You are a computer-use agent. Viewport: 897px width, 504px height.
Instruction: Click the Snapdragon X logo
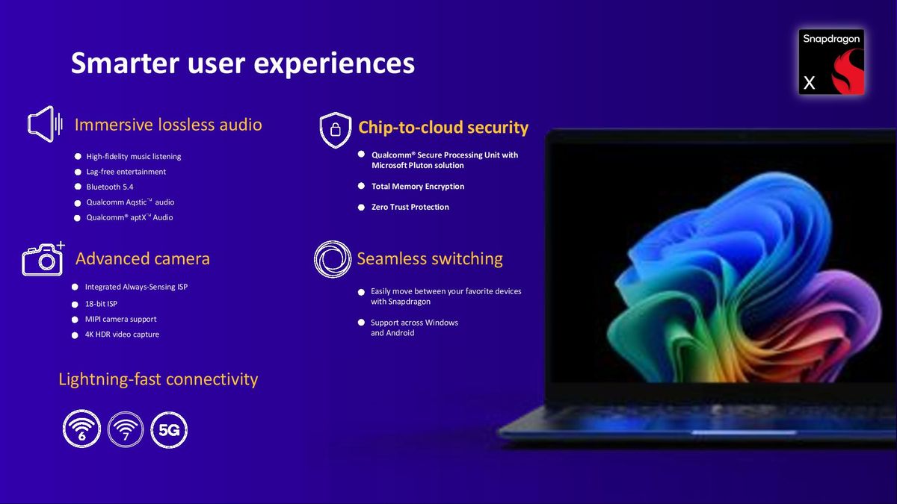831,62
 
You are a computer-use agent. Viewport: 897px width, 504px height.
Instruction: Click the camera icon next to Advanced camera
43,259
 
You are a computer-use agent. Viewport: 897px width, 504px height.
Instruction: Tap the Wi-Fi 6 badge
81,429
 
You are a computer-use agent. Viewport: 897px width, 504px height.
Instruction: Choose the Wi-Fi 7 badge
126,429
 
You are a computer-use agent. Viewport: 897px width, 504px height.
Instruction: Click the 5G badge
169,429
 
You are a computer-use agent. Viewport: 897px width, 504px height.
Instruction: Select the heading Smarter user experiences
243,63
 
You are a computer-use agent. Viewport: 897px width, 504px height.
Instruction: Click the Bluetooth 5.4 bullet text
110,187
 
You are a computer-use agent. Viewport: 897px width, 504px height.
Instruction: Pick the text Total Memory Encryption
418,187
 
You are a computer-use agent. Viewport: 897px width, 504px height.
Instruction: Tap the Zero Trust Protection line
410,207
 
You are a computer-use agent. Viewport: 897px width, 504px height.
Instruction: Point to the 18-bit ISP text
101,304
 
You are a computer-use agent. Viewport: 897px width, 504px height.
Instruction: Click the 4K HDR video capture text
122,335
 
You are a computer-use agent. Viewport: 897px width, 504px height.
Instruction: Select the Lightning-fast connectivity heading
158,379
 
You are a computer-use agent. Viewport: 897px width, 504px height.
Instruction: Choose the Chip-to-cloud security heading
443,128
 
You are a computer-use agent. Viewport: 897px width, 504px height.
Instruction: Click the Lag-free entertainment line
126,172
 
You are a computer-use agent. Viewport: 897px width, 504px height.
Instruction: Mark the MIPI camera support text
120,319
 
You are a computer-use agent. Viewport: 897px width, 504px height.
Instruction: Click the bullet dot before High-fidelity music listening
78,157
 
